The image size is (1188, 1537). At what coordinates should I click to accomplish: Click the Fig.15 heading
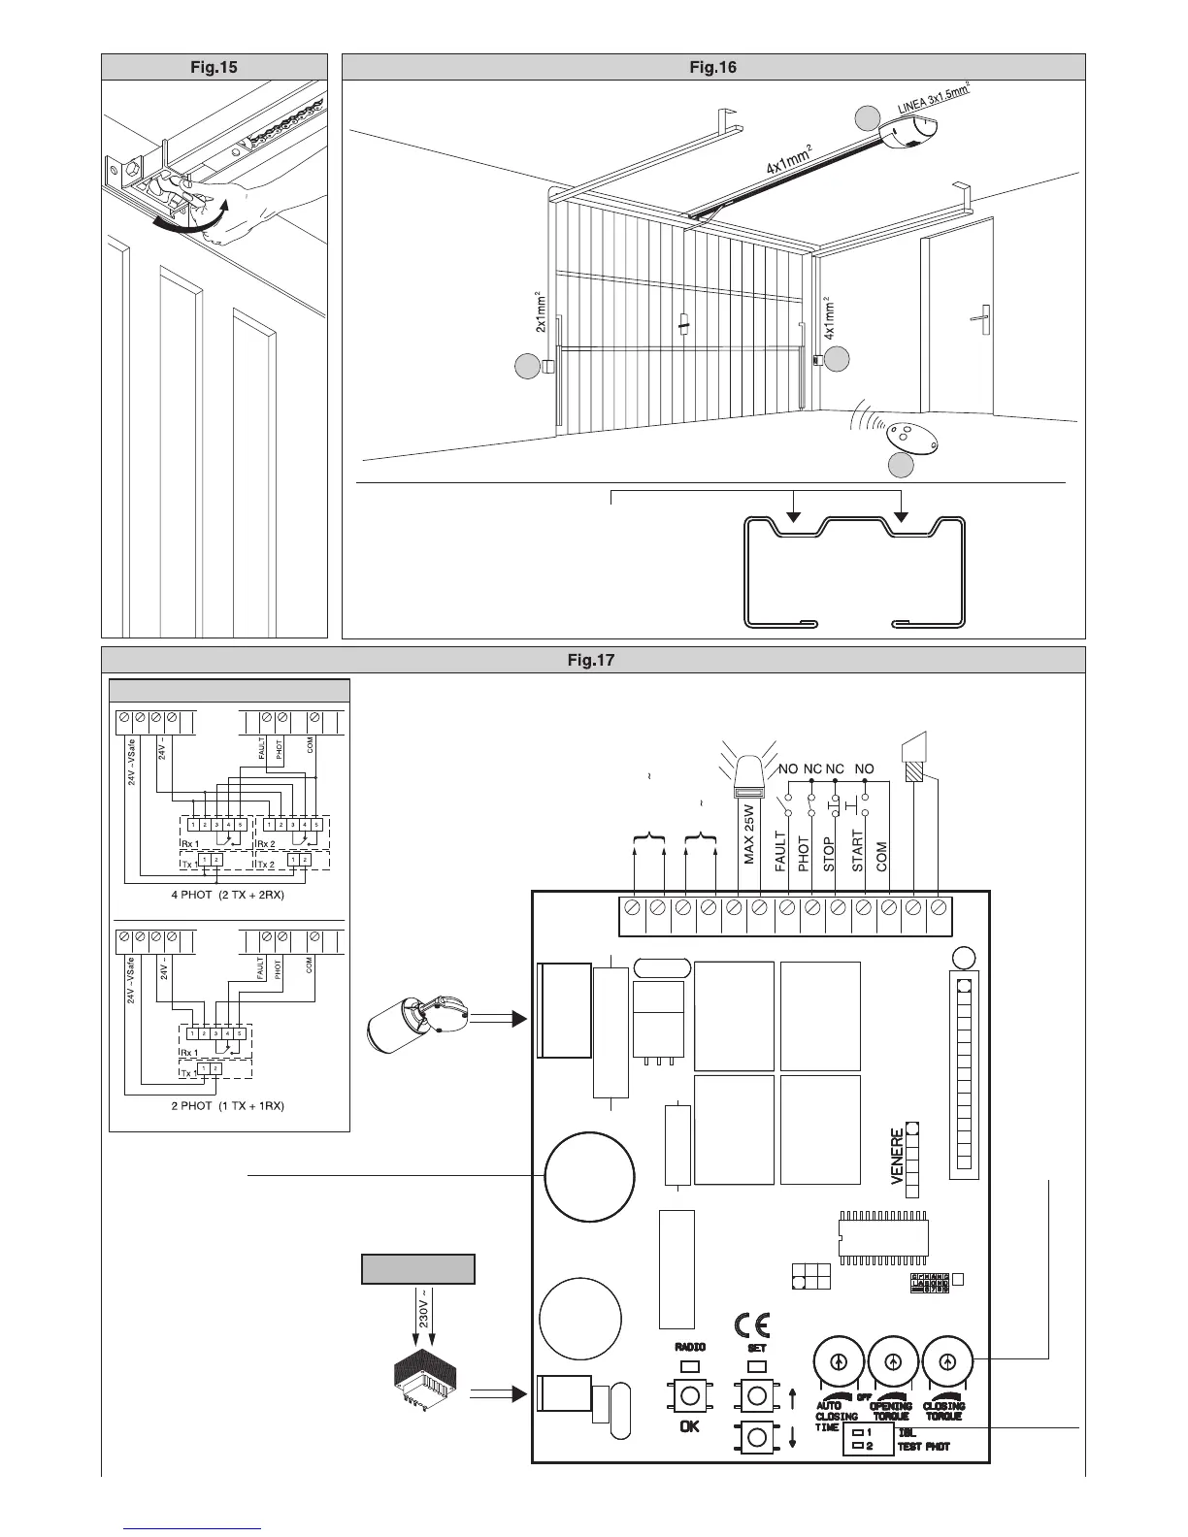214,67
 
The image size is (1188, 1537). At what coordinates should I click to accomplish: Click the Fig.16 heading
713,67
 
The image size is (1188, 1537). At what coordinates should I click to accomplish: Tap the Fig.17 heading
592,661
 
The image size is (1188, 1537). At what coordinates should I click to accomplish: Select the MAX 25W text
749,834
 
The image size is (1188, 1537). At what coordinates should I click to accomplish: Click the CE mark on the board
750,1325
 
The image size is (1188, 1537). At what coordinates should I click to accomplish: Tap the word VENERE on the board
898,1158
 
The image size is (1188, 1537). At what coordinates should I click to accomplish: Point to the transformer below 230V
426,1374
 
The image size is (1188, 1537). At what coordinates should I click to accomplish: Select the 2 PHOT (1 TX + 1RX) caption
229,1105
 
